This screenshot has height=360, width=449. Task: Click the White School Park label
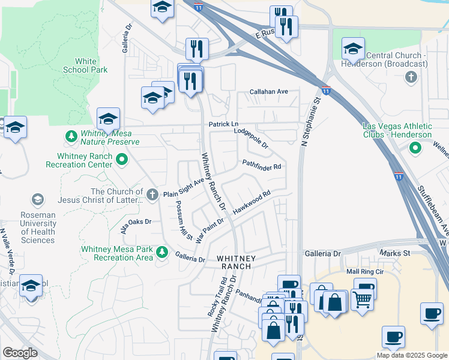(85, 65)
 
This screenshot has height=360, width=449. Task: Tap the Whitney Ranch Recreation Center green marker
(122, 160)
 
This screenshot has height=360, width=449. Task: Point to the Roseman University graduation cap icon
(38, 199)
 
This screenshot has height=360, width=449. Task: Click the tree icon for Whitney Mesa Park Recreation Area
(161, 251)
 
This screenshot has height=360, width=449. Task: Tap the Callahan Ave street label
(270, 92)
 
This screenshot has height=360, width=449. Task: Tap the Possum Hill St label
(182, 220)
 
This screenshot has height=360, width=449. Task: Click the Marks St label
(395, 253)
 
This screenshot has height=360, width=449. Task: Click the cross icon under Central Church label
(411, 77)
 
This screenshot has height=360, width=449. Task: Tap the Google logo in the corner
(20, 353)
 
